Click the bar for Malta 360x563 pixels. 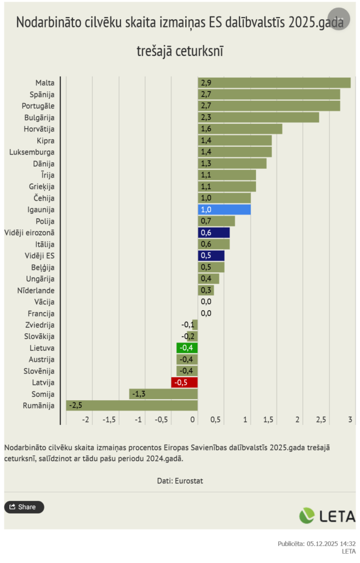pyautogui.click(x=274, y=82)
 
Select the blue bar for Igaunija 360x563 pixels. pyautogui.click(x=224, y=209)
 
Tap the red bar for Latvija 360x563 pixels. pyautogui.click(x=184, y=382)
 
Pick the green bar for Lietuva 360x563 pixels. pyautogui.click(x=187, y=347)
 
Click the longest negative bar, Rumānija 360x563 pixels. pyautogui.click(x=131, y=405)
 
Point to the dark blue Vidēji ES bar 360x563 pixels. pyautogui.click(x=211, y=256)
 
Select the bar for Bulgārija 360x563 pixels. pyautogui.click(x=258, y=117)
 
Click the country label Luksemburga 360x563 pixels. pyautogui.click(x=32, y=152)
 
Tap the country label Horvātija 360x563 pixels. pyautogui.click(x=39, y=129)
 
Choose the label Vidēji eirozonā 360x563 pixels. pyautogui.click(x=29, y=233)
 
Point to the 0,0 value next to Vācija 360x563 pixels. pyautogui.click(x=206, y=301)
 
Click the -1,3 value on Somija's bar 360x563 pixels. pyautogui.click(x=139, y=394)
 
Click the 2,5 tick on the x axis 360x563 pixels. pyautogui.click(x=321, y=420)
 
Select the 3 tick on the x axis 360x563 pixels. pyautogui.click(x=350, y=420)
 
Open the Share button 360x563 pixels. pyautogui.click(x=24, y=507)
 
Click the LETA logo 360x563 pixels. pyautogui.click(x=327, y=515)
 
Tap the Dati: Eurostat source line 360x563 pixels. pyautogui.click(x=180, y=481)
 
